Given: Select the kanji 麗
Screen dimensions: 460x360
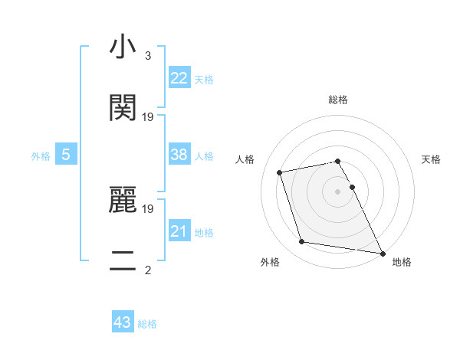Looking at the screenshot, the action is pyautogui.click(x=123, y=201).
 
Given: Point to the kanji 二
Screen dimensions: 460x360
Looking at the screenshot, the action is pyautogui.click(x=123, y=260).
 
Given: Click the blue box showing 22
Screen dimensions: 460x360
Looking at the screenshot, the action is pyautogui.click(x=179, y=77).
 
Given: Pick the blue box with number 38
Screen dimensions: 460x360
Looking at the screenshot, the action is pyautogui.click(x=179, y=155).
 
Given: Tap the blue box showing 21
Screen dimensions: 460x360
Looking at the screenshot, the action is pyautogui.click(x=179, y=231).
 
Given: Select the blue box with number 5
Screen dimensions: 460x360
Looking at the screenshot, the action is pyautogui.click(x=66, y=155).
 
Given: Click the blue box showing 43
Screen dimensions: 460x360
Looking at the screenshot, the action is pyautogui.click(x=123, y=322).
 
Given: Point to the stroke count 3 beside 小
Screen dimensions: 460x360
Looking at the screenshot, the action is pyautogui.click(x=148, y=57).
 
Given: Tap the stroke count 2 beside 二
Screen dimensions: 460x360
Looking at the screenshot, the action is pyautogui.click(x=148, y=270).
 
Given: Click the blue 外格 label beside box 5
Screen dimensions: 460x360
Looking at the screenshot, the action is pyautogui.click(x=41, y=156).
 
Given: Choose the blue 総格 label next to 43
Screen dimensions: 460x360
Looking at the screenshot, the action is pyautogui.click(x=147, y=324).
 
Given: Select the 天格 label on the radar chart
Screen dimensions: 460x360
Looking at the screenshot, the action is pyautogui.click(x=431, y=159).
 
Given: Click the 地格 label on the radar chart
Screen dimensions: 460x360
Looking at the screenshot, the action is pyautogui.click(x=402, y=262).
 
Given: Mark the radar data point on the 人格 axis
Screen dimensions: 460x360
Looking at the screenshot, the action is pyautogui.click(x=280, y=172).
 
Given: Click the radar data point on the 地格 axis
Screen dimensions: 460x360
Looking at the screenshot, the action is pyautogui.click(x=381, y=252).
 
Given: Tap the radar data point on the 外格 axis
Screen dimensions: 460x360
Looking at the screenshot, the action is pyautogui.click(x=302, y=242).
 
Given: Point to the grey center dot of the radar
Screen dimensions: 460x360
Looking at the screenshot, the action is pyautogui.click(x=337, y=191).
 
